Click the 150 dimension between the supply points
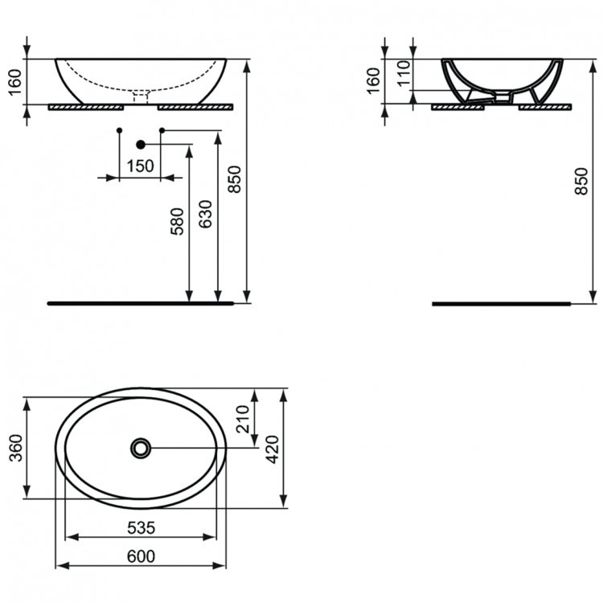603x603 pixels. (x=140, y=166)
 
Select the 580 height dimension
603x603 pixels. (x=178, y=221)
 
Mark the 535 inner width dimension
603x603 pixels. (x=140, y=527)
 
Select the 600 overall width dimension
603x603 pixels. (x=140, y=556)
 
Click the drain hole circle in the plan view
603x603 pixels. (x=141, y=448)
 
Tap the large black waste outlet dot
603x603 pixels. (x=141, y=145)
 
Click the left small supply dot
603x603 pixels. (x=119, y=130)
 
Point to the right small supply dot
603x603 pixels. (x=162, y=130)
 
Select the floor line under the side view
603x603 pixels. (x=503, y=304)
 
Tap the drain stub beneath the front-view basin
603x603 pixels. (x=142, y=98)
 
